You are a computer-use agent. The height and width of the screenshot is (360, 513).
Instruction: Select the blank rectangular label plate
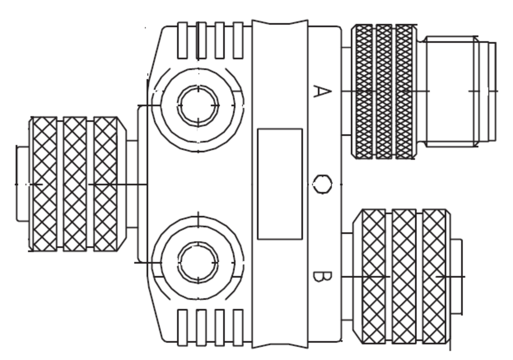(280, 184)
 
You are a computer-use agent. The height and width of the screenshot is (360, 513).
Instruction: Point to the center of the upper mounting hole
(198, 105)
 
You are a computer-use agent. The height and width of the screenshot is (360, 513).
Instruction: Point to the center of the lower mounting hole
(198, 262)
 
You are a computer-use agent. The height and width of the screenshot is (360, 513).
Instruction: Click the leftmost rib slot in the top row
(183, 40)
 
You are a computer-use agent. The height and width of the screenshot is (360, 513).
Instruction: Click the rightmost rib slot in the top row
(238, 40)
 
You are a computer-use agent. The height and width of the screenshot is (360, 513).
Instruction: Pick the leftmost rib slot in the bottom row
(183, 327)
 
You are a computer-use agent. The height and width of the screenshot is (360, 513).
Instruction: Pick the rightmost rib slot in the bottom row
(238, 327)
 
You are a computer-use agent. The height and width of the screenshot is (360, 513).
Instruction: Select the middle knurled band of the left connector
(75, 184)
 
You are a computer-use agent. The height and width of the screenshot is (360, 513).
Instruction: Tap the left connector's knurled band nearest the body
(105, 184)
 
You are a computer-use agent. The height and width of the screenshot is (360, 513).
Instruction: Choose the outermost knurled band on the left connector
(45, 184)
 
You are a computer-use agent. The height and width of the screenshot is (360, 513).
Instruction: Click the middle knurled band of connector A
(384, 91)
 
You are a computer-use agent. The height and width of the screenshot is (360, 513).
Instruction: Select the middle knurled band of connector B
(404, 277)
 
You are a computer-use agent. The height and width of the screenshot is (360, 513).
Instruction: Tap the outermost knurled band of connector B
(434, 277)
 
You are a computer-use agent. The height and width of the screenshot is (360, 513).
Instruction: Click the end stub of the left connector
(23, 184)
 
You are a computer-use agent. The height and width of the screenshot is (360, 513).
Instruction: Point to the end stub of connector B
(456, 277)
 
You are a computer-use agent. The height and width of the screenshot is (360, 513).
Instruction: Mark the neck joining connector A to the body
(346, 91)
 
